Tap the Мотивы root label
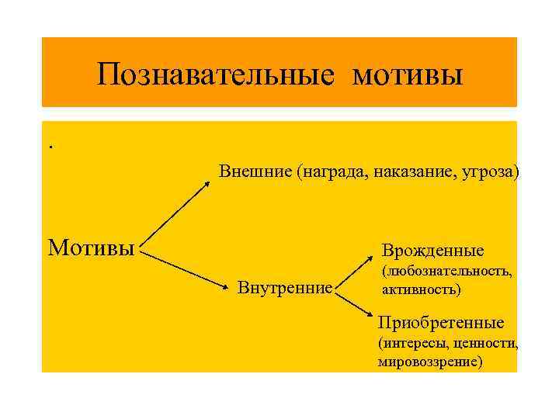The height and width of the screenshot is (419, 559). [x=91, y=248]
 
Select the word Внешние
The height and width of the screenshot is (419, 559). [x=254, y=171]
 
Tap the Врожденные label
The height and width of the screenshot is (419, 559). [x=432, y=251]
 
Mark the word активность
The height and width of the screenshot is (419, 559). [x=421, y=290]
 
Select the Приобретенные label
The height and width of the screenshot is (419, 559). [x=440, y=322]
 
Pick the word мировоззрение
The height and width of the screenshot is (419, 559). [x=430, y=361]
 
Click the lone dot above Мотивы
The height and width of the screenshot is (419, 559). [x=50, y=147]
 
